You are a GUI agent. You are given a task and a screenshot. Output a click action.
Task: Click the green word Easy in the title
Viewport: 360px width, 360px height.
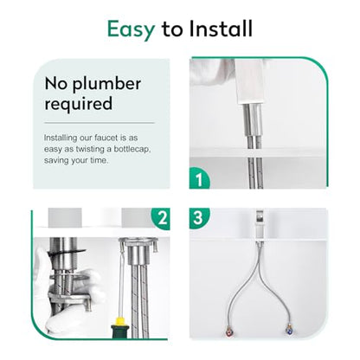(131, 29)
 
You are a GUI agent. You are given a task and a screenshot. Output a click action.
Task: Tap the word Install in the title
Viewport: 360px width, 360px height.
(221, 29)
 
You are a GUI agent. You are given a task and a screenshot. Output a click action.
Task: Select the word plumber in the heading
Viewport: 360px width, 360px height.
(106, 85)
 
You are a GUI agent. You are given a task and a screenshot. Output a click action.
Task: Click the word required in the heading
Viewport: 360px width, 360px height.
(79, 104)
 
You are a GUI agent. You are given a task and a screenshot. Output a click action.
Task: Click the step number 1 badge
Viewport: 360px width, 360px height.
(199, 179)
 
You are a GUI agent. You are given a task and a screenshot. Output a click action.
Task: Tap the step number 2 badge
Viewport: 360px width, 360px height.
(162, 218)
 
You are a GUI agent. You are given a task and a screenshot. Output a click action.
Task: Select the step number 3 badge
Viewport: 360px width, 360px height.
(199, 218)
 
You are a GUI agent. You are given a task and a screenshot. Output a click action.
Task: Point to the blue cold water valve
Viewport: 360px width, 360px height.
(288, 330)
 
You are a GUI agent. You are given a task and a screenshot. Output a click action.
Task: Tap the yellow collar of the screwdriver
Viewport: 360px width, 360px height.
(119, 320)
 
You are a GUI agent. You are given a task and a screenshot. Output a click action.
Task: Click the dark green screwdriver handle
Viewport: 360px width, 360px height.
(119, 331)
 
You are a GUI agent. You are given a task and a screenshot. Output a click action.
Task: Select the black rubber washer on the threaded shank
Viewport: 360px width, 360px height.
(67, 253)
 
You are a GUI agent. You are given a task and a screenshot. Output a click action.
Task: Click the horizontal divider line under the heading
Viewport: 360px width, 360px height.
(100, 123)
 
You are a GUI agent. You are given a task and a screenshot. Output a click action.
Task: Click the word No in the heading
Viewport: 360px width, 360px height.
(57, 84)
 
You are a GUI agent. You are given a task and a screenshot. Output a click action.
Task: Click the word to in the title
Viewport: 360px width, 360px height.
(172, 29)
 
